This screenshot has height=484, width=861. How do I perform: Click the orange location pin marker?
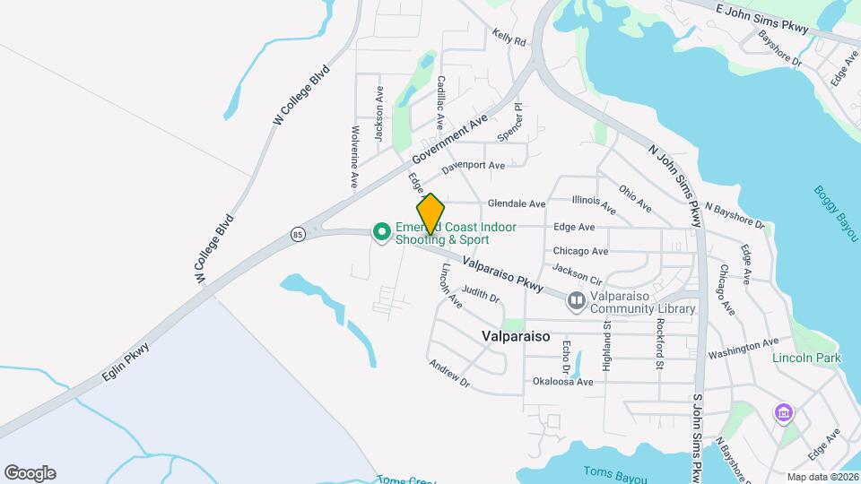pyautogui.click(x=431, y=213)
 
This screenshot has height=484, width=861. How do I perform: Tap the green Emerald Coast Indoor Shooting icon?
pyautogui.click(x=381, y=233)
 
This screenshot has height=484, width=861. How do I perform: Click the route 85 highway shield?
pyautogui.click(x=298, y=234)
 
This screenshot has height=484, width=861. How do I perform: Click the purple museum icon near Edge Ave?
pyautogui.click(x=784, y=413)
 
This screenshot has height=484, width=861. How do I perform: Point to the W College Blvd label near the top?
pyautogui.click(x=300, y=95)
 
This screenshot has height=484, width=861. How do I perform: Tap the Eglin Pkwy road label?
pyautogui.click(x=126, y=366)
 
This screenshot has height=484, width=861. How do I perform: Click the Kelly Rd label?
pyautogui.click(x=508, y=38)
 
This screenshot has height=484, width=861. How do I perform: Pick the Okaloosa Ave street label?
pyautogui.click(x=563, y=382)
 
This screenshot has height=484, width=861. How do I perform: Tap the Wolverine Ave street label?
pyautogui.click(x=354, y=156)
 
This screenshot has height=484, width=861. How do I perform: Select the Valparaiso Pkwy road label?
pyautogui.click(x=503, y=273)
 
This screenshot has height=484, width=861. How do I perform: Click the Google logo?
pyautogui.click(x=30, y=472)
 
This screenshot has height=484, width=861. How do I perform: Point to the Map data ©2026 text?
pyautogui.click(x=822, y=477)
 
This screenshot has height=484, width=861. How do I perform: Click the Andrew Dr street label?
pyautogui.click(x=448, y=373)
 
